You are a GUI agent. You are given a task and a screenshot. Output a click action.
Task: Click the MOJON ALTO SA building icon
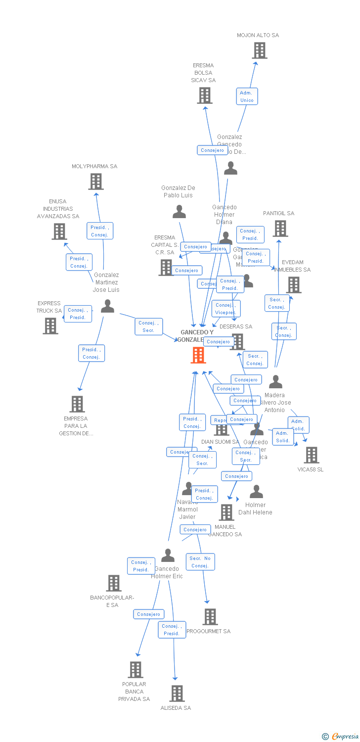[260, 50]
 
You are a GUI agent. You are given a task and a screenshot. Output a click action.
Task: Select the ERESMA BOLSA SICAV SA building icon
[205, 95]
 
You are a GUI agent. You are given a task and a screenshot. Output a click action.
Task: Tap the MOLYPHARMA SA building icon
[96, 182]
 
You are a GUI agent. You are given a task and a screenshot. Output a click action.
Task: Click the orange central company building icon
[198, 355]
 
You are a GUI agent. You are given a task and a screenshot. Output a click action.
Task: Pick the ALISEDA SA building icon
[177, 694]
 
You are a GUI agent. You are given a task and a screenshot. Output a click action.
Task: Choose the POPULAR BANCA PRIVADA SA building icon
[135, 670]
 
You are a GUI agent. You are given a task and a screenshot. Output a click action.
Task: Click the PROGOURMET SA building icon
[210, 617]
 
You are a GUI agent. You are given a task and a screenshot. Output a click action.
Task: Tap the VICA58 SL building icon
[311, 455]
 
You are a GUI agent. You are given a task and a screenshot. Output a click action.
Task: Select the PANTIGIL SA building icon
[280, 229]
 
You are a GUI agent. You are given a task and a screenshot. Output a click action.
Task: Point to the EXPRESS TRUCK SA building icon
[50, 326]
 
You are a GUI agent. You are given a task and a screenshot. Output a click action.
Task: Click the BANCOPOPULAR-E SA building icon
[114, 583]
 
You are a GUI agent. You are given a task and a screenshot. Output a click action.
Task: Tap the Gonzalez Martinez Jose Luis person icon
[107, 307]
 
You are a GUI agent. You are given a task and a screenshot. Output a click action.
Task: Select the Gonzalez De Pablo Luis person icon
[179, 212]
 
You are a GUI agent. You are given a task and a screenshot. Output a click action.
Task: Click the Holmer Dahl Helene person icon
[256, 492]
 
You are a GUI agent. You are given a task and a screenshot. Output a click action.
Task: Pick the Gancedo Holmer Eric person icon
[168, 556]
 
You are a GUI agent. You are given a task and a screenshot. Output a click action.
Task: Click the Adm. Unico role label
[246, 96]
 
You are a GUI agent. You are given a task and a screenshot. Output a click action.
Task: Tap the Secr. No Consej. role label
[200, 562]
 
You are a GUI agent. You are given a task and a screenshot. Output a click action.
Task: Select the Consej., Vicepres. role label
[226, 309]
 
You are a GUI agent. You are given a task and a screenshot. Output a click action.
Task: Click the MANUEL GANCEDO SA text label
[225, 530]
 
